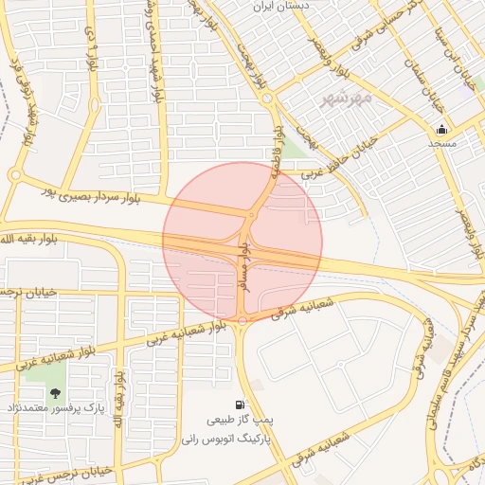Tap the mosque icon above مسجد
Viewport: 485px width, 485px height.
[x=441, y=130]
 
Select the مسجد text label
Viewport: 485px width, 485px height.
[x=441, y=144]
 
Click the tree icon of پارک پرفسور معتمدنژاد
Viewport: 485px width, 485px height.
[x=56, y=392]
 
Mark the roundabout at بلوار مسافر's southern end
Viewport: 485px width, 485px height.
[x=242, y=321]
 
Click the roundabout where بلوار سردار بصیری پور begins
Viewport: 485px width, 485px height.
[x=14, y=175]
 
